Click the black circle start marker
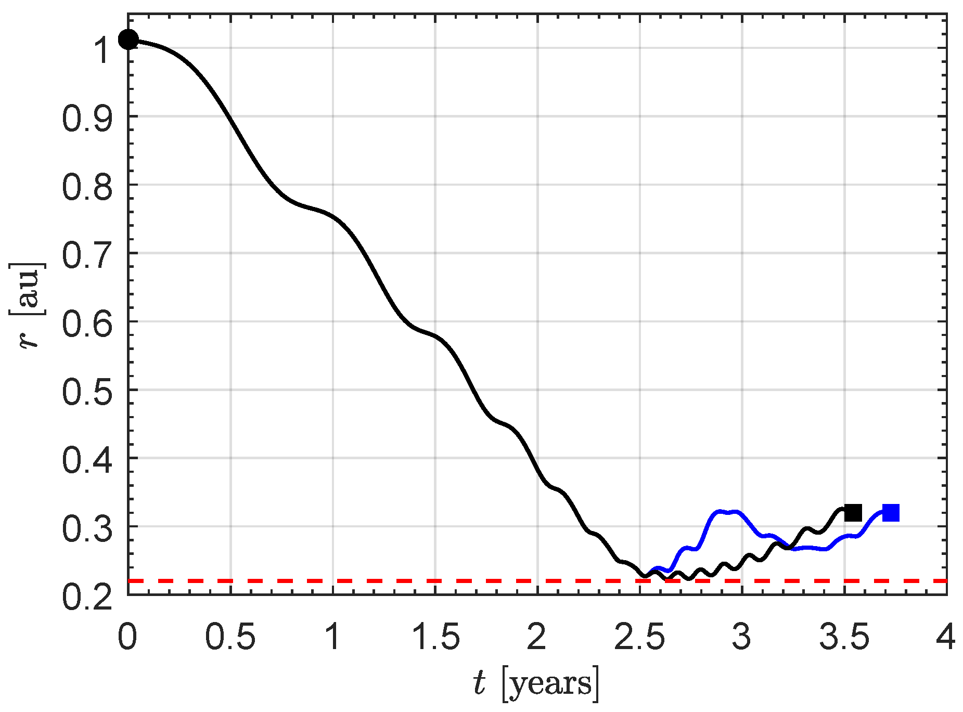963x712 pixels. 128,39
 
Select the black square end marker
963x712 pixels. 853,513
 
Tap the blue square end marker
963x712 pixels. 891,513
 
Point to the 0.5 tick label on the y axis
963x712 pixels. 87,392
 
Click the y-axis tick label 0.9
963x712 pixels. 87,118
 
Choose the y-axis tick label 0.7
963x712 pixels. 87,255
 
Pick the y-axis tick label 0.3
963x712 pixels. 87,528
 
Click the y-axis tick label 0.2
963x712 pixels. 87,597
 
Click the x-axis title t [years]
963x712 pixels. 536,682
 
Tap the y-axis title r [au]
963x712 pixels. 27,305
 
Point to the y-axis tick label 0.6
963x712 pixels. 87,323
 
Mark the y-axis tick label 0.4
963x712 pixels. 87,460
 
